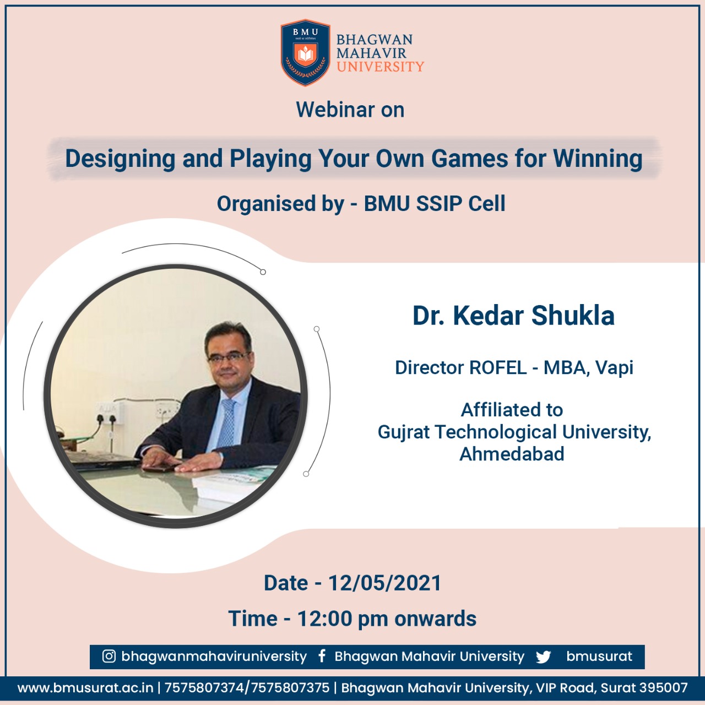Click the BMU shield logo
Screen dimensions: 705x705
tap(305, 53)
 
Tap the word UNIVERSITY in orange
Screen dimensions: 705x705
tap(380, 67)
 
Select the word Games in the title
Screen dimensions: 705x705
tap(469, 159)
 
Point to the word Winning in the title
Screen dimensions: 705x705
tap(598, 159)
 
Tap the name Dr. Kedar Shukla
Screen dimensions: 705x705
tap(513, 316)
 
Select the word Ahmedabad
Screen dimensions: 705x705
tap(512, 454)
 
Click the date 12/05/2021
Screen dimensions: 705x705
tap(384, 583)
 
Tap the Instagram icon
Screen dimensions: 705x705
tap(109, 656)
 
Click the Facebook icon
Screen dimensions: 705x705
tap(322, 656)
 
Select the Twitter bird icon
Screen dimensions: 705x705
tap(543, 657)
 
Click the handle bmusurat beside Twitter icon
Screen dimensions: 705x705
tap(599, 657)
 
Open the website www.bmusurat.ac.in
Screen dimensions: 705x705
tap(85, 688)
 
